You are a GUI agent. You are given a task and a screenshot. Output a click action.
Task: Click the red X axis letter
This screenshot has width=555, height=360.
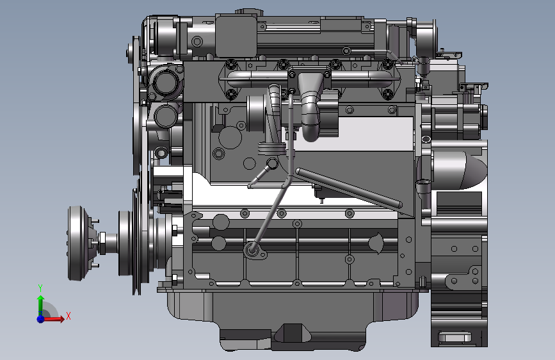click(68, 316)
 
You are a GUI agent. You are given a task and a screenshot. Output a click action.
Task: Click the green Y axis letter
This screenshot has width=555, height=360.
click(40, 288)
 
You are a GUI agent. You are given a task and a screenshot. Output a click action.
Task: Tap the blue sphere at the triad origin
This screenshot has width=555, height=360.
click(41, 319)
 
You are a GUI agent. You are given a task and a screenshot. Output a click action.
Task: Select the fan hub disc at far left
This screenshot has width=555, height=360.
click(77, 243)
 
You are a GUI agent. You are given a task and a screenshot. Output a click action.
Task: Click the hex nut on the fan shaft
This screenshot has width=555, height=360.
click(102, 243)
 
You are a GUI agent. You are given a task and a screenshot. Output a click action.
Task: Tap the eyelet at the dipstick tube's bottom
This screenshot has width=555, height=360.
click(253, 250)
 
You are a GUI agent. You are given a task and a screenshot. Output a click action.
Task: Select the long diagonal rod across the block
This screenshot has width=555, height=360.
click(348, 188)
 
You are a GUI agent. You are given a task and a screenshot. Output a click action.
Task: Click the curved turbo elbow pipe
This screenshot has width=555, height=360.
click(310, 106)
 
